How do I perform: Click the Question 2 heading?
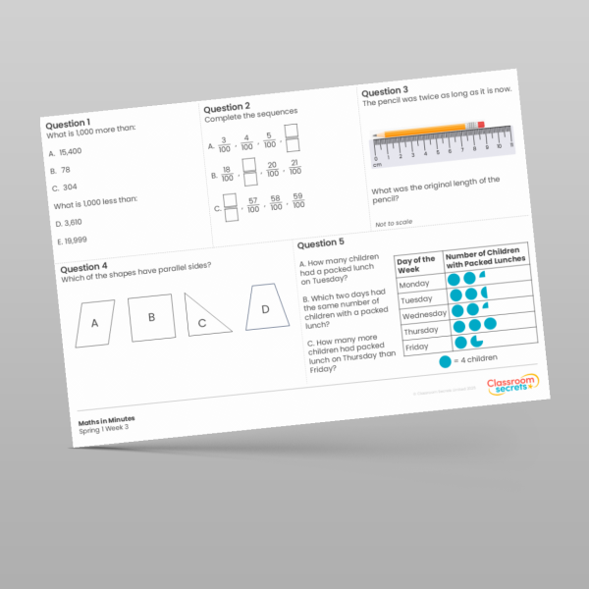point(227,106)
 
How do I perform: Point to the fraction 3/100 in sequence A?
point(224,146)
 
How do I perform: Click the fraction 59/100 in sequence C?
point(298,200)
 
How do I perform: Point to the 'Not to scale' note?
point(393,224)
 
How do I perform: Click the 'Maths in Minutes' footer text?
point(107,419)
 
